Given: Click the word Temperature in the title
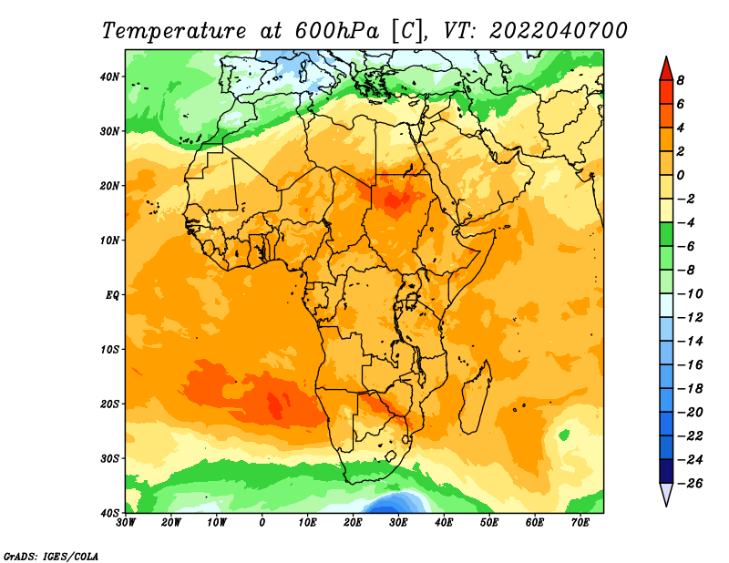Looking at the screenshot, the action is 174,31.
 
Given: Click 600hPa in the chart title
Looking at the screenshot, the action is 336,31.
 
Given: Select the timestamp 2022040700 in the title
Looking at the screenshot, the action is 559,31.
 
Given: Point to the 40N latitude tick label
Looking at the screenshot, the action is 109,77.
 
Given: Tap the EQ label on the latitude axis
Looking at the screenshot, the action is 112,295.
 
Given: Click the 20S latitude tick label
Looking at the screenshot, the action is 109,404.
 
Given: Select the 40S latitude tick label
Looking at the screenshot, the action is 109,513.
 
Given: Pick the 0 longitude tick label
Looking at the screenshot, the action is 262,523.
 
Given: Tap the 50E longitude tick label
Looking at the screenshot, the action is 489,523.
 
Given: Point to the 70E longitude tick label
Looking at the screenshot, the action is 580,523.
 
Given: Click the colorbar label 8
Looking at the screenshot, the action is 681,80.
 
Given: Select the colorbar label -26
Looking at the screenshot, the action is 690,484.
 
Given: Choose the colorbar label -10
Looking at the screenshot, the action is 690,294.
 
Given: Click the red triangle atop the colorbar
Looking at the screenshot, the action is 666,69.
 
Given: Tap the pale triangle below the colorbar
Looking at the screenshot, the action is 666,495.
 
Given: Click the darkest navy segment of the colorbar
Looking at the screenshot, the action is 666,471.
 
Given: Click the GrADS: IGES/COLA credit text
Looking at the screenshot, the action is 51,556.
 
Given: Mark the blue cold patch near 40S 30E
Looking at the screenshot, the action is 395,503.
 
